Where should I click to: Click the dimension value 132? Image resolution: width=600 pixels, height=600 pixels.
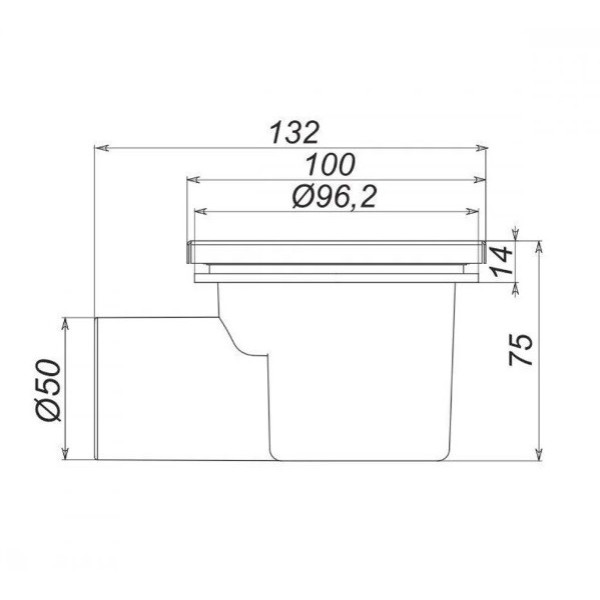294,132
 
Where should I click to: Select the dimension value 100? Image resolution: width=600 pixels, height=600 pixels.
331,165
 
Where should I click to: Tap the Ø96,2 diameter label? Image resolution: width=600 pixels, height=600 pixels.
334,197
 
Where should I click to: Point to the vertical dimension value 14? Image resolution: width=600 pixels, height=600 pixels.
502,261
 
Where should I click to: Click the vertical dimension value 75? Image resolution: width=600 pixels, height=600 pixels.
520,350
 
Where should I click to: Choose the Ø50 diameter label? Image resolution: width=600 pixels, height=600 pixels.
49,390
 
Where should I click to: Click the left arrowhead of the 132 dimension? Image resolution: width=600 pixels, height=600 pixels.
101,148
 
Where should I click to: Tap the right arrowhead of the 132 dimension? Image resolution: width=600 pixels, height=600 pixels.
482,148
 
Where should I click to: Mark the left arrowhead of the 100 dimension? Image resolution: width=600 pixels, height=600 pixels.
193,179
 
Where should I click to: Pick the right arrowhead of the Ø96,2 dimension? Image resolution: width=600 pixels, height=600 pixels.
473,211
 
